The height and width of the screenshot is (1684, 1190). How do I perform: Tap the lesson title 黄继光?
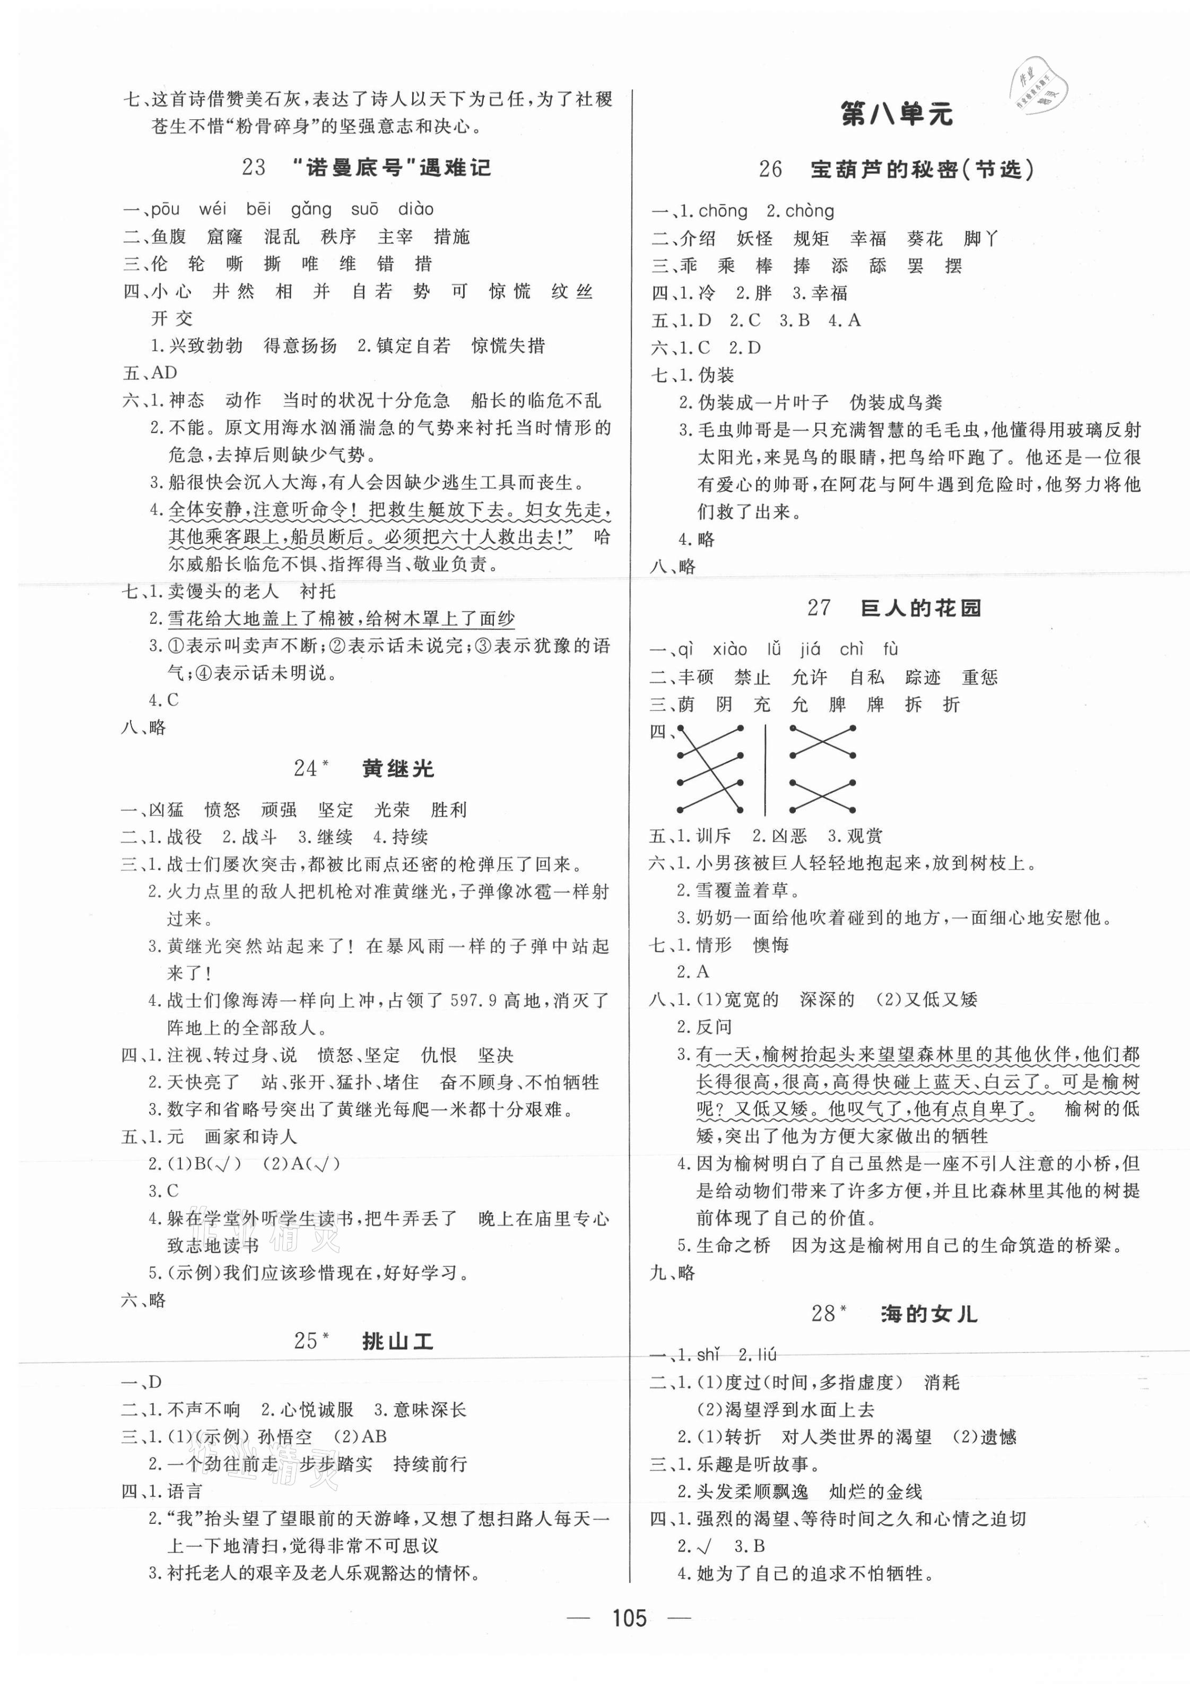(x=398, y=769)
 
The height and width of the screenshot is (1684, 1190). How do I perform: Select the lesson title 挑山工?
(x=398, y=1341)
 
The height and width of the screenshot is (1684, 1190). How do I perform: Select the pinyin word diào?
(x=416, y=210)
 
